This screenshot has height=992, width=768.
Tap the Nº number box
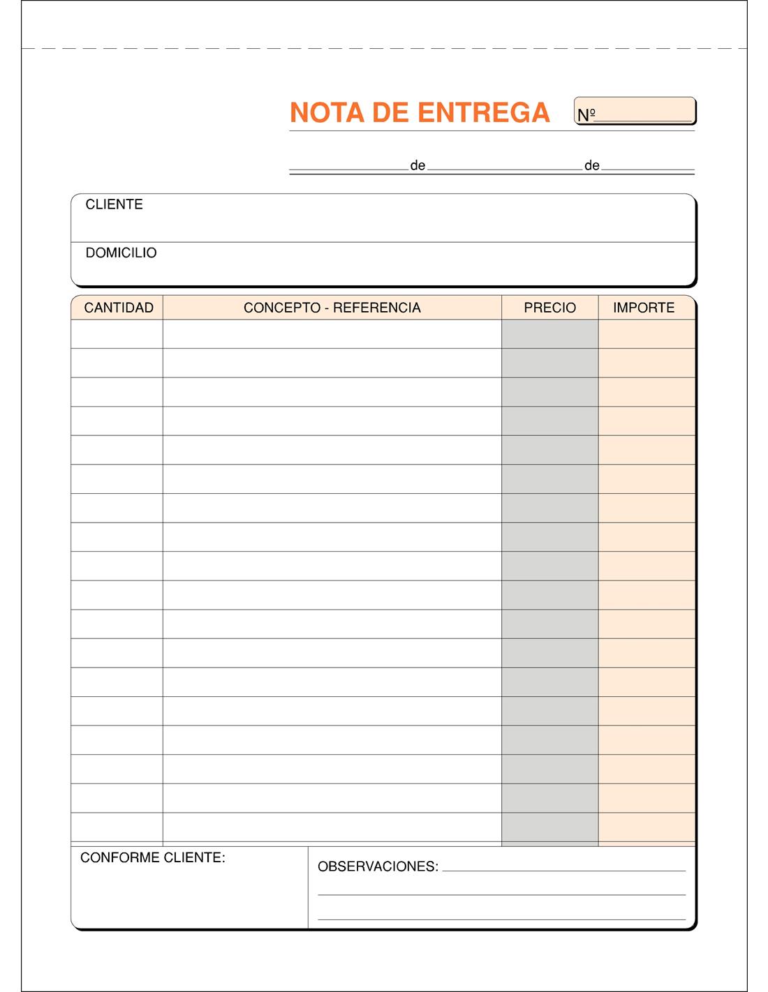635,111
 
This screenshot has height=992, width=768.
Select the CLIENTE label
114,204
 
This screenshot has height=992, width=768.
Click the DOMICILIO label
121,253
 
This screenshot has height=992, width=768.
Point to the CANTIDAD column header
118,308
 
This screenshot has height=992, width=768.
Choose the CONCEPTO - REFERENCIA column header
332,308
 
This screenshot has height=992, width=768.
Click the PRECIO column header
549,308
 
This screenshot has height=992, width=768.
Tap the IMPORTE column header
644,308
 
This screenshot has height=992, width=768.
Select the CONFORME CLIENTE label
152,857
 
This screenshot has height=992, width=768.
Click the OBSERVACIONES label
378,866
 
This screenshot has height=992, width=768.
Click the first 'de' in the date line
418,166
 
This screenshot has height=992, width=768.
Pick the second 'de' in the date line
592,166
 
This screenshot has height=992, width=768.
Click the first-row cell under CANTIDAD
117,334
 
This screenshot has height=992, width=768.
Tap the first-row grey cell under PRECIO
549,334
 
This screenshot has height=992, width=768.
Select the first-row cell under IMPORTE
647,334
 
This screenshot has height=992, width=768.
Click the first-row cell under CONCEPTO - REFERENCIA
332,334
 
